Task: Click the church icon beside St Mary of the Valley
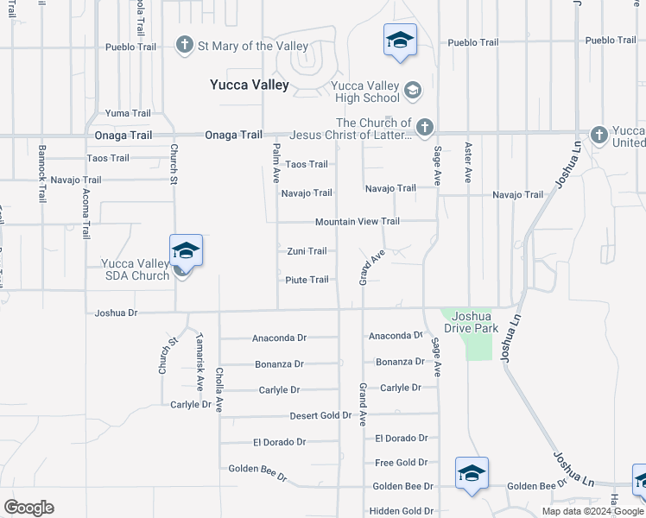[184, 45]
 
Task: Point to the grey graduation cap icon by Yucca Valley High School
[413, 90]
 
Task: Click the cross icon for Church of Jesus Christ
[424, 128]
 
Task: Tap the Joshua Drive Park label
[471, 322]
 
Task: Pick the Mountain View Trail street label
[357, 222]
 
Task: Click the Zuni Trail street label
[307, 251]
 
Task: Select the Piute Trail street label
[307, 280]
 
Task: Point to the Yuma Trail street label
[128, 113]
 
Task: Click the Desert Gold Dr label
[321, 415]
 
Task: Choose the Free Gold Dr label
[401, 463]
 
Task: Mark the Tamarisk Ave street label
[199, 361]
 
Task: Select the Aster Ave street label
[467, 162]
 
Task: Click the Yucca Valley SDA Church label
[135, 269]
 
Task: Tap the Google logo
[28, 508]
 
